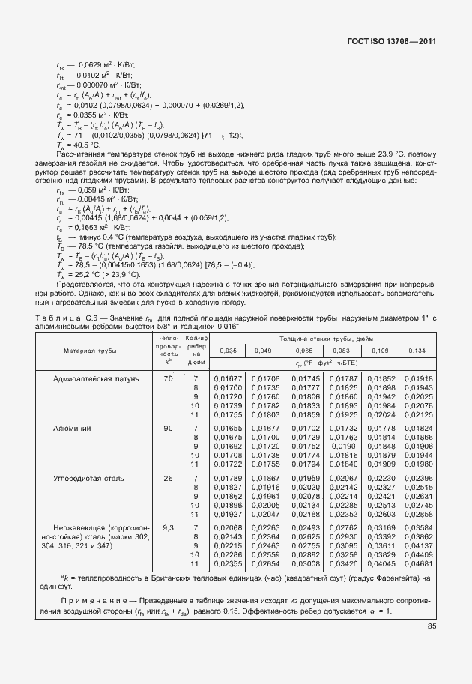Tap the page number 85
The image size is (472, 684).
pos(432,626)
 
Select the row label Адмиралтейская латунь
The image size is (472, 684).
pos(96,378)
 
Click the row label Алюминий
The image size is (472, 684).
pos(72,428)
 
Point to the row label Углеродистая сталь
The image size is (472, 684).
pos(88,477)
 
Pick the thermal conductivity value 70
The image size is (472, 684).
pos(168,378)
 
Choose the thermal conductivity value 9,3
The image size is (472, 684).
pos(168,527)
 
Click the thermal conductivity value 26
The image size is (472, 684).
pos(168,477)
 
